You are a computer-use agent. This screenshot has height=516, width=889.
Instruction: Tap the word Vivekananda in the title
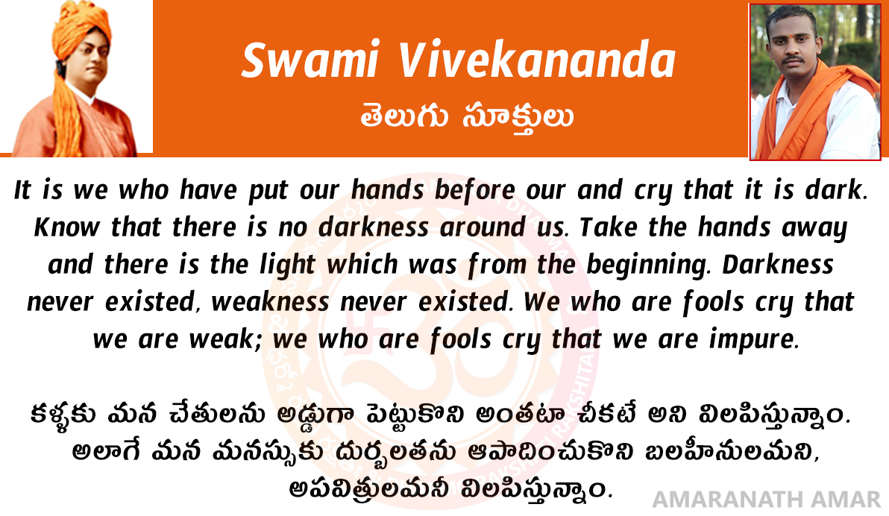[x=537, y=60]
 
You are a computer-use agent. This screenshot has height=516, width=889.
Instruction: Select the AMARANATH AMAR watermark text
[x=767, y=500]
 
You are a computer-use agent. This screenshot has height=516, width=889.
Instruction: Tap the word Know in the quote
[x=67, y=227]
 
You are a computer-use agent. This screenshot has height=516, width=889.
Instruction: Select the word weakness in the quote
[x=270, y=302]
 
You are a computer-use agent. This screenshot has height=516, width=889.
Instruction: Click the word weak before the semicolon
[x=221, y=339]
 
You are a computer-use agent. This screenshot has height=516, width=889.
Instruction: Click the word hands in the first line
[x=387, y=190]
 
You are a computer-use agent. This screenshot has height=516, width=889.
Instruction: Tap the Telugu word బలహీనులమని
[x=732, y=451]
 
